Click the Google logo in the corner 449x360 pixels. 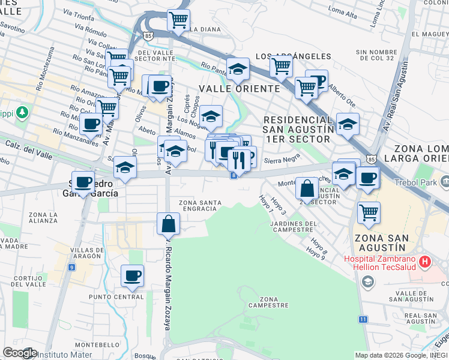coord(19,353)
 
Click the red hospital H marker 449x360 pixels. coord(425,262)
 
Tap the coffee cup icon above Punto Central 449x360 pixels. coord(133,276)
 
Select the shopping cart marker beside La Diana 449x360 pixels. coord(178,20)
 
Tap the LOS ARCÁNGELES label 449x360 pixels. coord(294,56)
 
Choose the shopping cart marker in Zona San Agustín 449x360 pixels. coord(369,212)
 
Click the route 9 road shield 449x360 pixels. coord(71,266)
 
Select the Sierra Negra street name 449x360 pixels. coord(282,160)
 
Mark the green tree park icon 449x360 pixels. coord(23,112)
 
